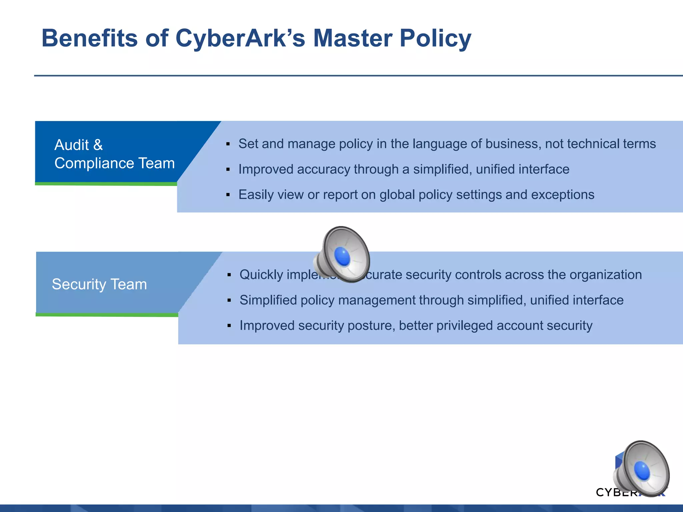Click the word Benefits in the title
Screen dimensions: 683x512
click(x=89, y=38)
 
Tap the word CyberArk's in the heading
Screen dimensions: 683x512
click(x=240, y=38)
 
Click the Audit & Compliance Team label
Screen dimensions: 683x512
click(x=114, y=154)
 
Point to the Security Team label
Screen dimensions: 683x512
click(x=99, y=284)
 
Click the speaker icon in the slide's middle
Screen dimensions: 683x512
click(x=342, y=255)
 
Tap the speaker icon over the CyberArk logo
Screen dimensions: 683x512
click(x=642, y=468)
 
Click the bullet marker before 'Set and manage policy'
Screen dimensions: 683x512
click(x=228, y=144)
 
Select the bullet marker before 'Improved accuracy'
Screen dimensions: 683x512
click(x=228, y=170)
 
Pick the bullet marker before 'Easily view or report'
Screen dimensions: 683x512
click(x=228, y=195)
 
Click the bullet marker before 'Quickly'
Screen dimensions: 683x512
click(x=229, y=275)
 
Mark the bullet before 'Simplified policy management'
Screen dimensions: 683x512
click(x=229, y=300)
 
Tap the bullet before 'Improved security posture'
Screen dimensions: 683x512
click(x=229, y=326)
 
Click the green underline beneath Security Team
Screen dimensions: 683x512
click(x=107, y=315)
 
